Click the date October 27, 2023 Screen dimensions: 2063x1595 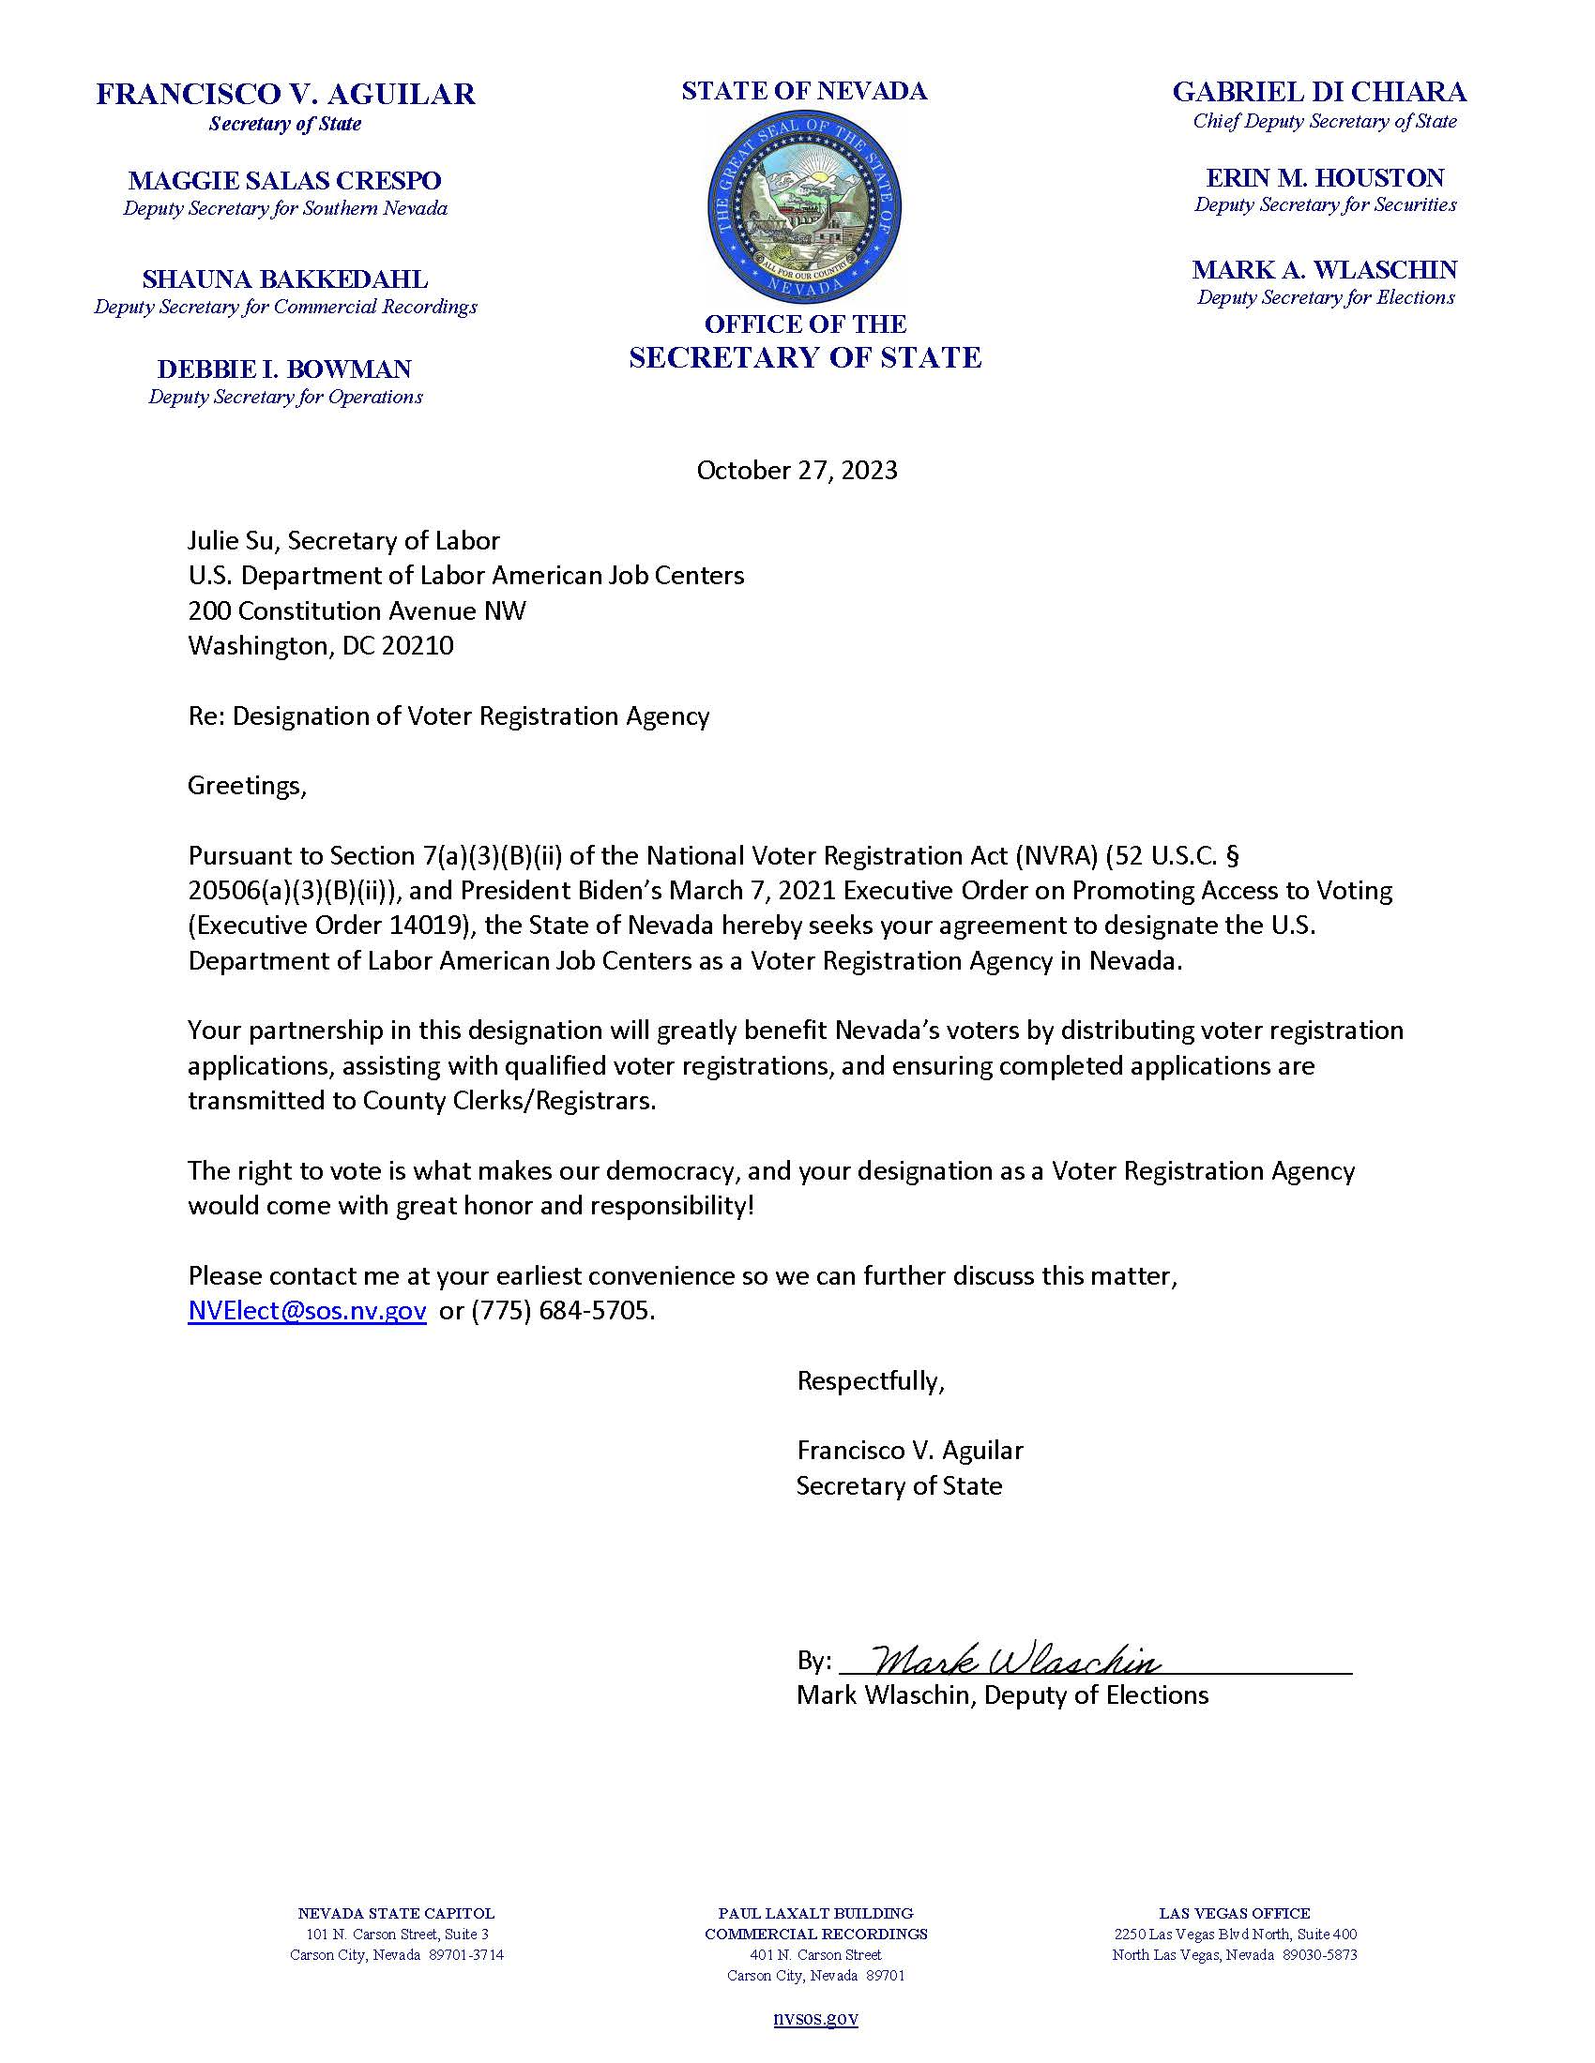tap(797, 471)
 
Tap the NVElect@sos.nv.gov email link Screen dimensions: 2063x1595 tap(307, 1311)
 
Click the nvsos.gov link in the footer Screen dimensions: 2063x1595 tap(815, 2018)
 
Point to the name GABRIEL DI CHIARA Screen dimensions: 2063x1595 tap(1319, 92)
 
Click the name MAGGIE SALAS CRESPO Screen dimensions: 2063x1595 tap(284, 180)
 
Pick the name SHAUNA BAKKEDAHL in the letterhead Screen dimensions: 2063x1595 tap(284, 279)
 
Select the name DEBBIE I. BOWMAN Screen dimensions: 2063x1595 tap(284, 369)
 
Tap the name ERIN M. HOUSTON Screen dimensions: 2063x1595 tap(1325, 177)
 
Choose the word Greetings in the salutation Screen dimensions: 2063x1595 tap(247, 786)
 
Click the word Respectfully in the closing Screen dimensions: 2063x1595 tap(871, 1381)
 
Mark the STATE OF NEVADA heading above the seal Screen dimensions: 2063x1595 tap(804, 92)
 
